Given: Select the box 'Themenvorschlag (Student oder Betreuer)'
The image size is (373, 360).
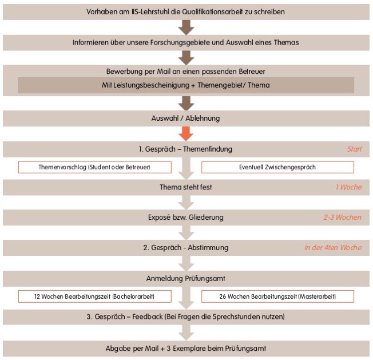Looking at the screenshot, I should [x=95, y=167].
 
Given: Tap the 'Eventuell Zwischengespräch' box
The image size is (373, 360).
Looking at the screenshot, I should [x=277, y=167].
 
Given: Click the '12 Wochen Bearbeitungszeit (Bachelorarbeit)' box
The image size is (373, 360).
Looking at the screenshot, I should [x=95, y=296].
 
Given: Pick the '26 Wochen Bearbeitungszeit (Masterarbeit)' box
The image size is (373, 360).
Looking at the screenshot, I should [x=277, y=296].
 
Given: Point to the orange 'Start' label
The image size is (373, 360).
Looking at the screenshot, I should [x=355, y=149].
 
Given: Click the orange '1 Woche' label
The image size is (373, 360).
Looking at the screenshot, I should [x=348, y=187].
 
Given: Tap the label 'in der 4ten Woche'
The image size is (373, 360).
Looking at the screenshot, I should [x=333, y=248].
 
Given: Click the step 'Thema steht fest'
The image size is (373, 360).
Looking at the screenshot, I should [x=186, y=187].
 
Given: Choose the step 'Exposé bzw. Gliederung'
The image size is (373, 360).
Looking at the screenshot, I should [x=186, y=218].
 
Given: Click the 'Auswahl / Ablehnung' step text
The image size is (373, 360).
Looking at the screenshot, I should [x=186, y=118].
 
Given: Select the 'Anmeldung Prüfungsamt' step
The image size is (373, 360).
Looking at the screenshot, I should [x=186, y=279].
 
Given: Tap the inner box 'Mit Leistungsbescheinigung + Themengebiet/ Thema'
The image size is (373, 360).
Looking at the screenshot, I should [x=186, y=85].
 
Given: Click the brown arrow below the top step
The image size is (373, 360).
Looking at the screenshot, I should [x=186, y=27].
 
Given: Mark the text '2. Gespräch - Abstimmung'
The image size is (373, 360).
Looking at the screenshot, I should [x=186, y=248].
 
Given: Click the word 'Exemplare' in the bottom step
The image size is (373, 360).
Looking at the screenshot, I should [x=215, y=348].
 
